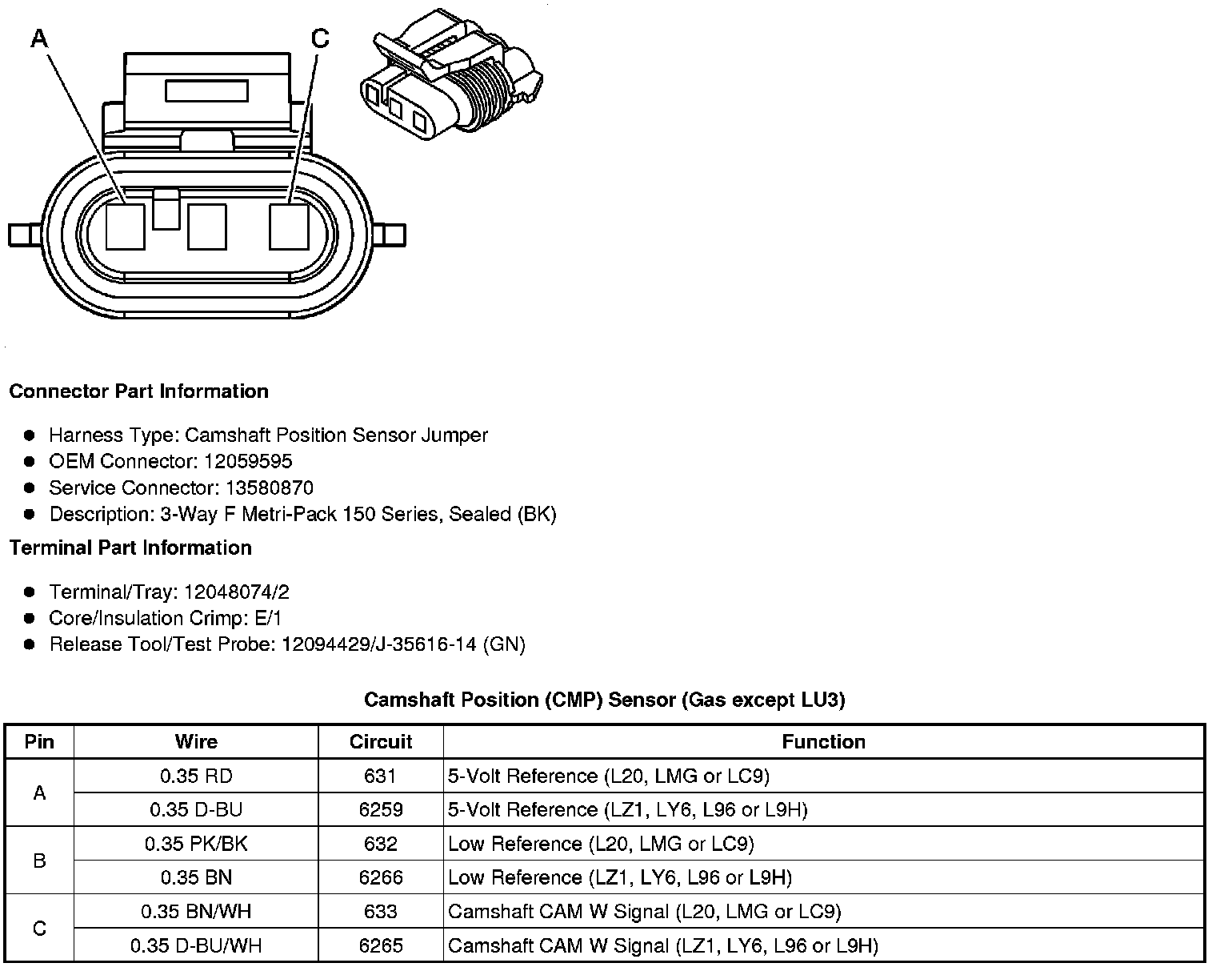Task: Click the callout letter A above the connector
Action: [40, 37]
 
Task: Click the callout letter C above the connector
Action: [320, 38]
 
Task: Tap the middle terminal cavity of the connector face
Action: [207, 227]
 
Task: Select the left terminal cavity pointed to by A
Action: [126, 227]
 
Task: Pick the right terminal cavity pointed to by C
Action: [289, 227]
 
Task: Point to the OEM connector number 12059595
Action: [248, 461]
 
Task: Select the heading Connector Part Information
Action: [138, 391]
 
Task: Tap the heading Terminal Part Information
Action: [130, 548]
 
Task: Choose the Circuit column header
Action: [381, 742]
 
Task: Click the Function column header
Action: [823, 742]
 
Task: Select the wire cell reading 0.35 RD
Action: [196, 776]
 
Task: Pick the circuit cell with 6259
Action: [381, 810]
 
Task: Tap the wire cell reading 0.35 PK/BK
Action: [196, 844]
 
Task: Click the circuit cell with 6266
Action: [381, 878]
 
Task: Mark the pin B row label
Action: [39, 861]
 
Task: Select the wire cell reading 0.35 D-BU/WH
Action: [196, 946]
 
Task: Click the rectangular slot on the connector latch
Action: [207, 90]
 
